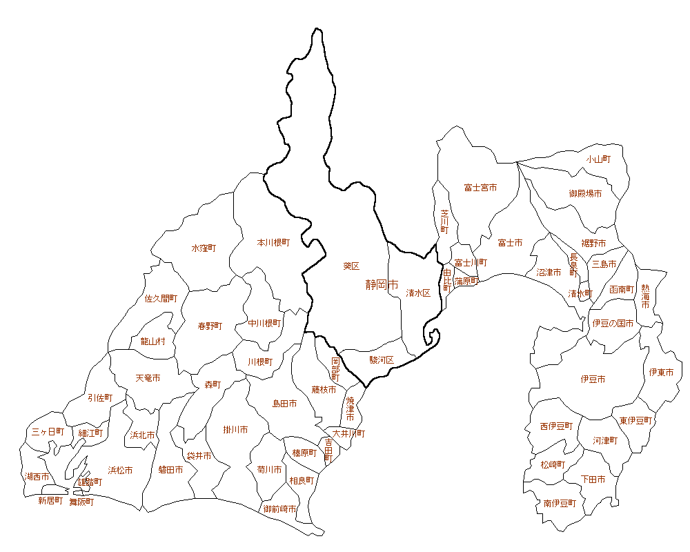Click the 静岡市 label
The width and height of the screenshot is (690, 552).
(x=382, y=284)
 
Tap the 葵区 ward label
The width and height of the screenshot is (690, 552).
(x=351, y=266)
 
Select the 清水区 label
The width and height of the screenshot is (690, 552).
(x=418, y=293)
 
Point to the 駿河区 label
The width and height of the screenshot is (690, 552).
(x=381, y=359)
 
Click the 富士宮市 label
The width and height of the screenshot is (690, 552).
(x=480, y=188)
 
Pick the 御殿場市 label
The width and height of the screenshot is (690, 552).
(x=585, y=194)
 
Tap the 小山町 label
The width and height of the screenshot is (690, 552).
(x=598, y=159)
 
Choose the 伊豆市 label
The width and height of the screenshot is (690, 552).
(x=593, y=379)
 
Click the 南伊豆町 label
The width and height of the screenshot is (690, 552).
(x=559, y=504)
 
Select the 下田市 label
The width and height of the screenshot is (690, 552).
(x=593, y=479)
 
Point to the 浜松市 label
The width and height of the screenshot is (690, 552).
(x=120, y=471)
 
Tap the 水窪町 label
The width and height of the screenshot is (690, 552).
(x=204, y=248)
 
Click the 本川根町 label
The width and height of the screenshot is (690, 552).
(x=273, y=243)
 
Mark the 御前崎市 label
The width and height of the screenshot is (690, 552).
(x=280, y=509)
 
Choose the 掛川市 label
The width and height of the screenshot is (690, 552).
(x=235, y=430)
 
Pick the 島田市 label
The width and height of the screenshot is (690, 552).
(x=284, y=404)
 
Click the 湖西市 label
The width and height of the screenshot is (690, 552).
(x=37, y=477)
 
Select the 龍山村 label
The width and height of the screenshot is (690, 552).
(x=152, y=342)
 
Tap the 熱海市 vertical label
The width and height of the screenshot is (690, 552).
(x=645, y=296)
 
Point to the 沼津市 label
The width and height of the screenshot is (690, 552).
(x=549, y=273)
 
